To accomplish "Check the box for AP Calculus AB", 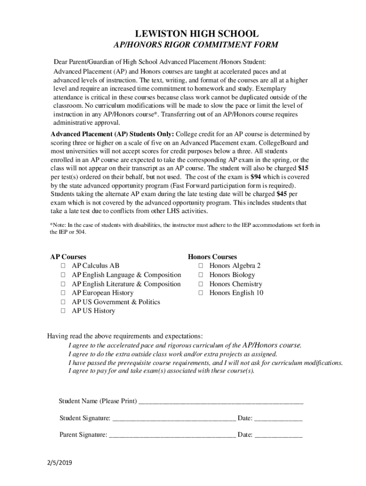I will coord(63,266).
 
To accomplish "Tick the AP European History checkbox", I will coord(63,293).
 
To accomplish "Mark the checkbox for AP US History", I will coord(63,311).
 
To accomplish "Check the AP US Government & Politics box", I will coord(63,302).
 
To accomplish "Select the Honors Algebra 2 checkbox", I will coord(201,266).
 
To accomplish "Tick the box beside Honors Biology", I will coord(201,275).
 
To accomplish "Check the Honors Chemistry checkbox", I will coord(201,284).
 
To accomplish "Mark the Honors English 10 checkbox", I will coord(201,293).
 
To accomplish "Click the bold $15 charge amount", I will coord(303,168).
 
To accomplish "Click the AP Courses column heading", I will coord(68,257).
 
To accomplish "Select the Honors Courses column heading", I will coord(212,257).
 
